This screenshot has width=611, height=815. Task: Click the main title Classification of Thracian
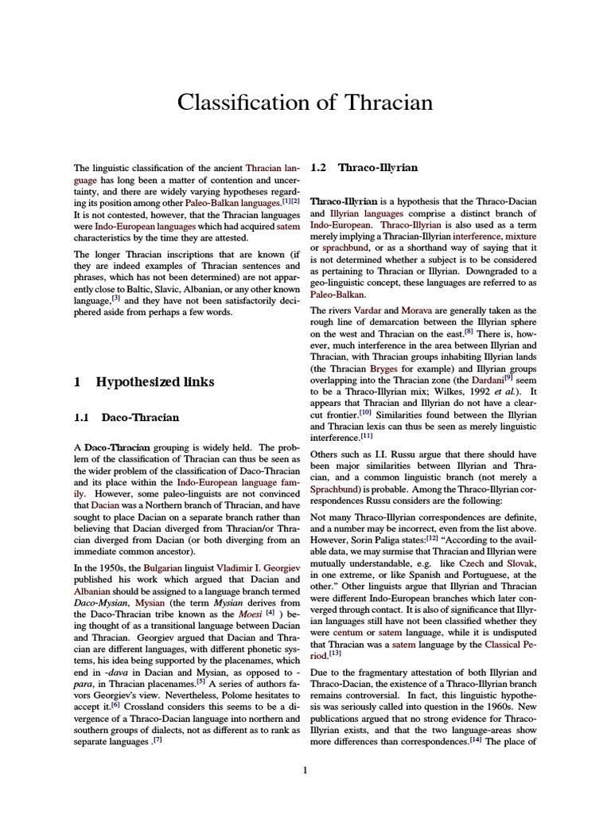(x=305, y=103)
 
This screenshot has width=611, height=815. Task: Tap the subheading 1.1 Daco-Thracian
(x=126, y=417)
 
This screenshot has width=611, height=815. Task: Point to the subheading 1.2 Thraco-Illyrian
(x=364, y=168)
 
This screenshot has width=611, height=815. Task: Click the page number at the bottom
(x=305, y=770)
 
